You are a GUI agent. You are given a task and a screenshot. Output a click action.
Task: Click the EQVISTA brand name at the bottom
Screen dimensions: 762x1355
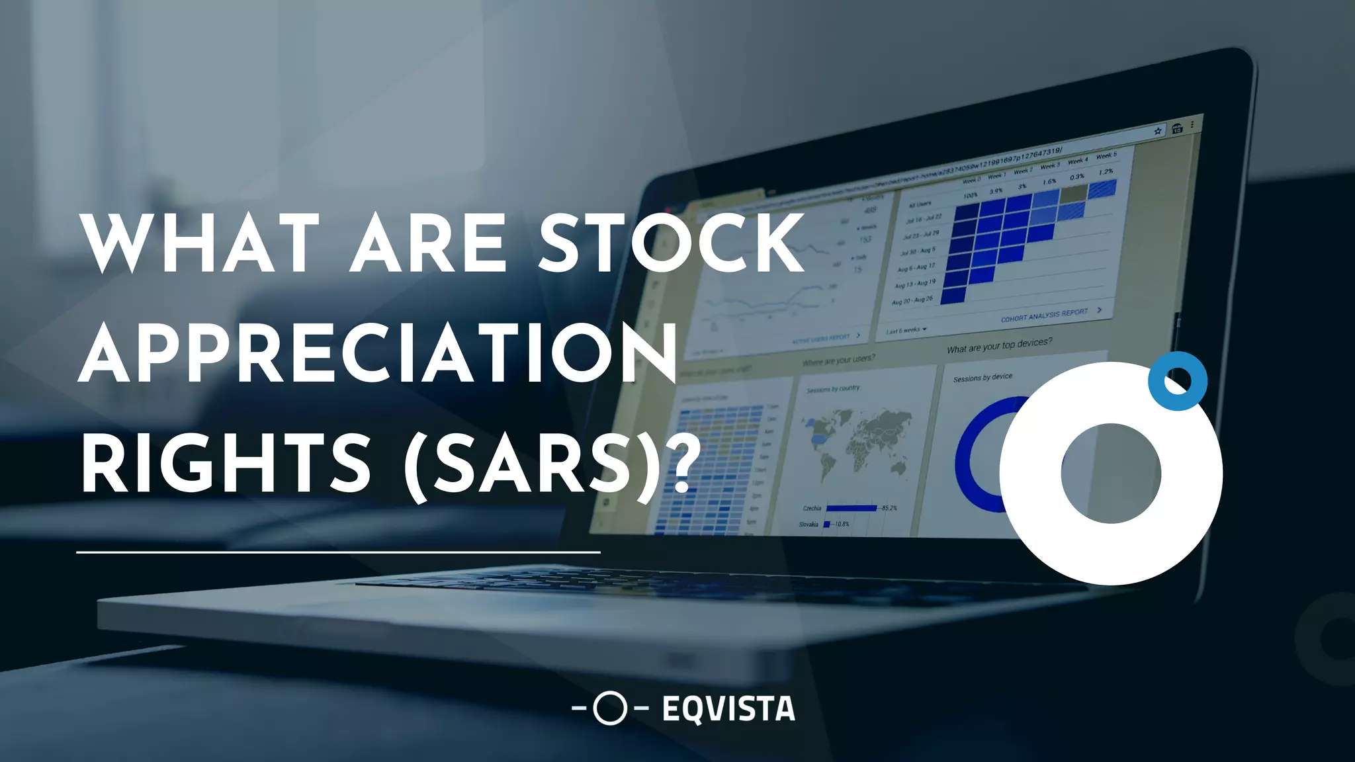(x=728, y=709)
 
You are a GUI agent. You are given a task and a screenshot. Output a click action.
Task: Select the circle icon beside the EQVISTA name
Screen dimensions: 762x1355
(x=609, y=708)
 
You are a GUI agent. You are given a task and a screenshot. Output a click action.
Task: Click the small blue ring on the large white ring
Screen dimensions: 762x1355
(x=1178, y=381)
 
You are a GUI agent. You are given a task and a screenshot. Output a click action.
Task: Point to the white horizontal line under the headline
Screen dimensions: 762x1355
(x=338, y=551)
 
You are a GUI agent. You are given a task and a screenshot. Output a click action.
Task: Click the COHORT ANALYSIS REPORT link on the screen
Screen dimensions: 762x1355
(x=1044, y=315)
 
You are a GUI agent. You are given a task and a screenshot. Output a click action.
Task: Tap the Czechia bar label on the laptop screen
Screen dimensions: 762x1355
(x=812, y=508)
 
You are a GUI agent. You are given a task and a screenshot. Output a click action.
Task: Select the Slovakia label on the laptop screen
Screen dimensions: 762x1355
(x=809, y=525)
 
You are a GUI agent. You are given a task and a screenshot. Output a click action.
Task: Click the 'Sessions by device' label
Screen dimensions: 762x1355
(x=983, y=378)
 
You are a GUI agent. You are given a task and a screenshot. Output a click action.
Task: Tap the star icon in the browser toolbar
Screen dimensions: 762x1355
(x=1158, y=131)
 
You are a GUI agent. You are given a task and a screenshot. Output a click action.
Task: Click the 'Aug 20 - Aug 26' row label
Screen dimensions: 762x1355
(x=912, y=300)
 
